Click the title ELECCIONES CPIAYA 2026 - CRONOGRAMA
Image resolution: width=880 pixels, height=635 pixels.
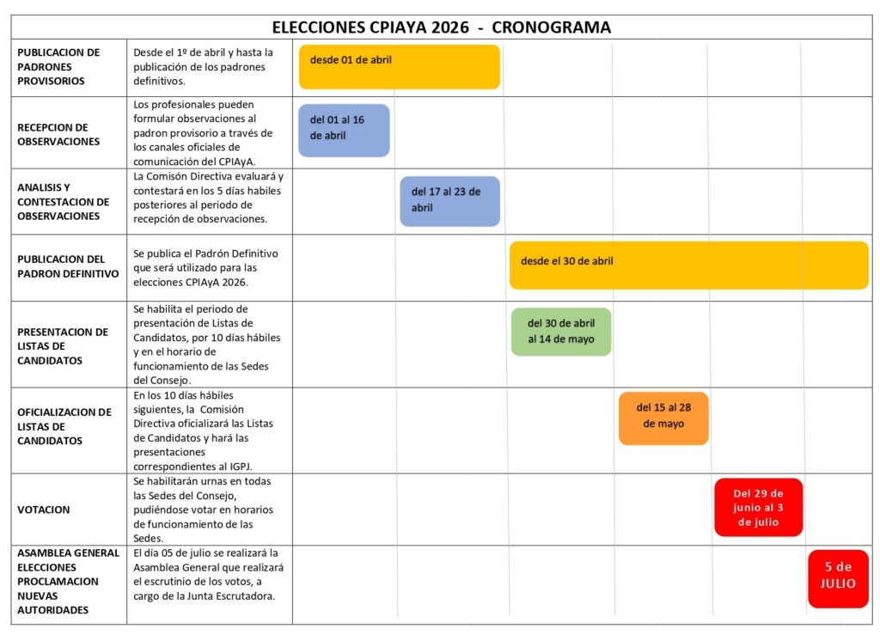coord(441,27)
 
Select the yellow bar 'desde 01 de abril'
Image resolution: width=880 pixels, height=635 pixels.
coord(399,67)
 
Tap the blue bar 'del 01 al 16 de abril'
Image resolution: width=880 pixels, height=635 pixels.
coord(344,130)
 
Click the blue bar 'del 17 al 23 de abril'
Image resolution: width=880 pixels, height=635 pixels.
coord(449,201)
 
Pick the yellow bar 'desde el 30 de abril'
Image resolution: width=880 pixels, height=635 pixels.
coord(688,265)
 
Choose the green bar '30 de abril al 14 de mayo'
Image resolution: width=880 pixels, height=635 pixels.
coord(561,332)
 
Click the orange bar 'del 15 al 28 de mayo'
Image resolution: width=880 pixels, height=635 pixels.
coord(663,418)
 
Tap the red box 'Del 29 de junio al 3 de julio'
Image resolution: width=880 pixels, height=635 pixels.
coord(758,507)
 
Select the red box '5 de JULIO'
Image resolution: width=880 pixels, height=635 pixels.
coord(838,578)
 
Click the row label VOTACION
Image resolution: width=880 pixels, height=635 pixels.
coord(43,510)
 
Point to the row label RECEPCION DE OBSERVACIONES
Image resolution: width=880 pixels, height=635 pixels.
coord(58,134)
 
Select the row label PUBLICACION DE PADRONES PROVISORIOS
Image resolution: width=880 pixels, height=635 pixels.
coord(58,66)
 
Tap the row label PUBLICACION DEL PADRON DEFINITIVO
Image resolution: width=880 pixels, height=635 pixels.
coord(67,266)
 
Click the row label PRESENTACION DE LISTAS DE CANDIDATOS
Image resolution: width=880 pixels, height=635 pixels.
coord(63,345)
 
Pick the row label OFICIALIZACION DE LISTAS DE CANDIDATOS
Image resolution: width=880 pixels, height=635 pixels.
coord(64,426)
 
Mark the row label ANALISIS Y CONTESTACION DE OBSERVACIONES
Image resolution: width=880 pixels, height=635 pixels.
coord(63,201)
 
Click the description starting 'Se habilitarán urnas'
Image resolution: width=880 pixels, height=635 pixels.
coord(205,510)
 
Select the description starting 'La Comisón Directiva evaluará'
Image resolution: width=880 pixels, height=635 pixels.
coord(208,198)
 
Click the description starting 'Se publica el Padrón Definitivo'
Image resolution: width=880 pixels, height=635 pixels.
coord(206,267)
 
